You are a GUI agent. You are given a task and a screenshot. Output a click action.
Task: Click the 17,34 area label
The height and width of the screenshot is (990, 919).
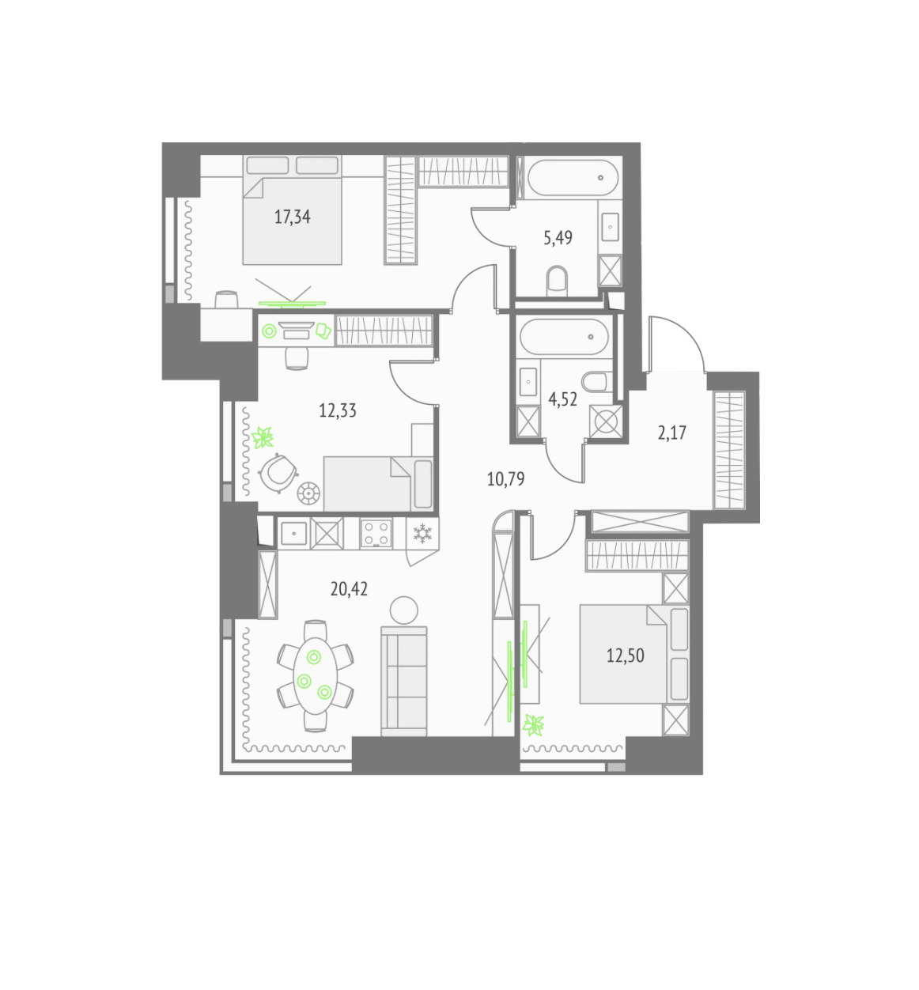click(292, 217)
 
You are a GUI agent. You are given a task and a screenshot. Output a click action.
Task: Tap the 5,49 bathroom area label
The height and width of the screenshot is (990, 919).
click(558, 238)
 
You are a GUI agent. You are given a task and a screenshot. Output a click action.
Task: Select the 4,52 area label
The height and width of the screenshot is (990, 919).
click(562, 399)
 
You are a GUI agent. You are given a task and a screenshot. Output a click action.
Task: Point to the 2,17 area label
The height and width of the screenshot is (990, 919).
click(671, 433)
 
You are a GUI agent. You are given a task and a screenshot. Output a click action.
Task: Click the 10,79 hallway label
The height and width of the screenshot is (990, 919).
click(505, 479)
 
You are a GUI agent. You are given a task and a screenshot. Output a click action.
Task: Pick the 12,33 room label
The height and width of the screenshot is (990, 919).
click(338, 410)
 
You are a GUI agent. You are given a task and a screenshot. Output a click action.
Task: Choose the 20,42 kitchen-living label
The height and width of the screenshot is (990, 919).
click(349, 589)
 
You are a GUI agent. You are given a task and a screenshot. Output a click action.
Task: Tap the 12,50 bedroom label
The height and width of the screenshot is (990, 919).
click(626, 656)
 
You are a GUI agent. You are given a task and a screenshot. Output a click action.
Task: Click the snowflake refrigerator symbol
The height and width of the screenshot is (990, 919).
click(422, 533)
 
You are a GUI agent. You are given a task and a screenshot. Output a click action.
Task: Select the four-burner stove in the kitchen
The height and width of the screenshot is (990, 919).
click(376, 534)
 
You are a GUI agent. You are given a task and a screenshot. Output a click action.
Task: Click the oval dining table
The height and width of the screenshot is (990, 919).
click(315, 676)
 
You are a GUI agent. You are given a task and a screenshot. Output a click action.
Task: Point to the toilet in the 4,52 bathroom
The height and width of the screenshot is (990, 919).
click(597, 381)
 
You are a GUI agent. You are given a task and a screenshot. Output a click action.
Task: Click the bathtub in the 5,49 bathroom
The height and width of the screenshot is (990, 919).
click(573, 177)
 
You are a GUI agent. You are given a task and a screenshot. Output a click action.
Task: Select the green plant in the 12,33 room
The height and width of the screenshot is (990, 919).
click(263, 438)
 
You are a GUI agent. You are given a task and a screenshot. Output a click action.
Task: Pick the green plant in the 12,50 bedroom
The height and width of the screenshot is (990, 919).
click(534, 725)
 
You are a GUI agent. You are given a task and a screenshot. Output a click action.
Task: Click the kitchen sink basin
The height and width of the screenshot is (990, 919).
click(293, 534)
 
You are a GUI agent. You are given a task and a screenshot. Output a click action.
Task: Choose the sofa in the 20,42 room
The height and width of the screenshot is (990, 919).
click(404, 681)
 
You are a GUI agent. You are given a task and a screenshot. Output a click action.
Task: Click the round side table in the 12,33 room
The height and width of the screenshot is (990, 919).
click(308, 493)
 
